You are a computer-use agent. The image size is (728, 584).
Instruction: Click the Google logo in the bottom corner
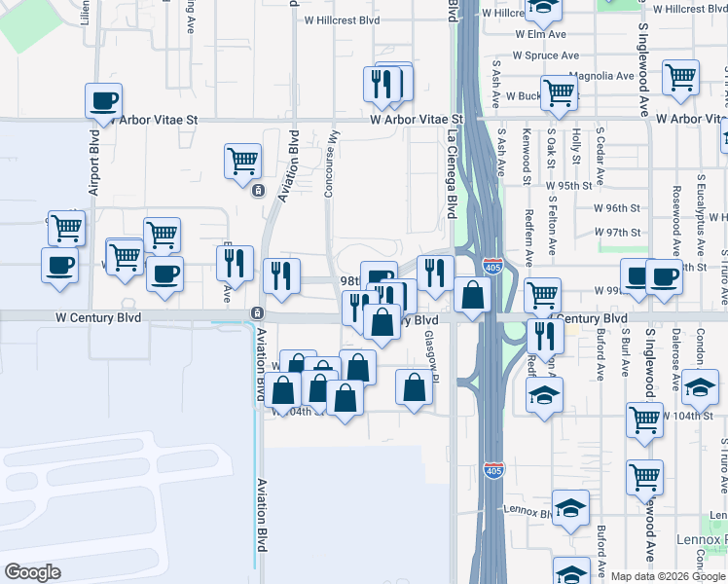coord(33,572)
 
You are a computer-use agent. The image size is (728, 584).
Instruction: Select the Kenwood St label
coord(527,155)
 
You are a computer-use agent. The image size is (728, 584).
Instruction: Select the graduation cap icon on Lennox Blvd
coord(570,506)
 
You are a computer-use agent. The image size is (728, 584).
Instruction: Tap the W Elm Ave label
coord(541,33)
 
